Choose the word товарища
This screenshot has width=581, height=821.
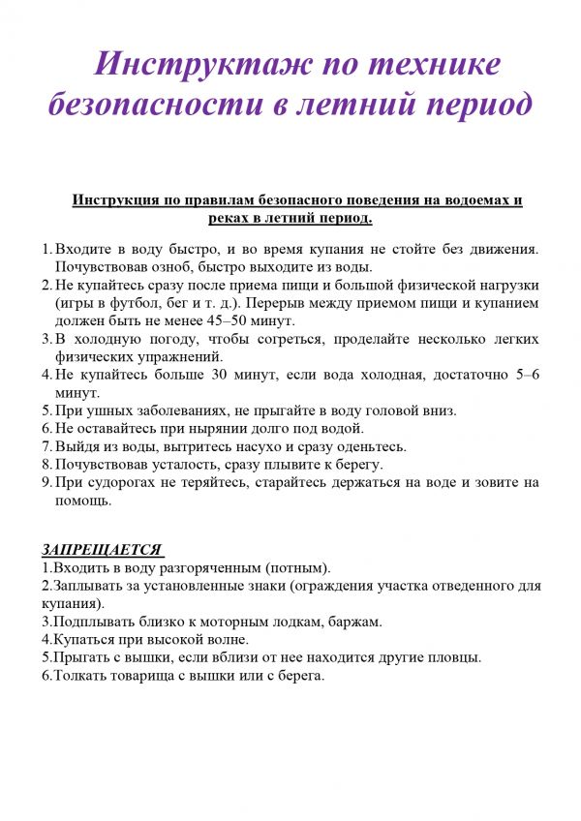tap(151, 676)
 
